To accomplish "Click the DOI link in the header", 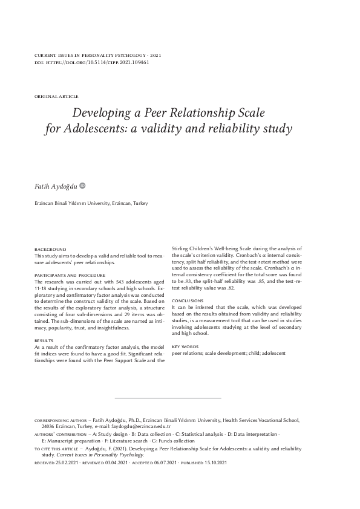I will [100, 62].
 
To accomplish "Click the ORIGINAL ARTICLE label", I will [56, 97].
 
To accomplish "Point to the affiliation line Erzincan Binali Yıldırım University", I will [91, 204].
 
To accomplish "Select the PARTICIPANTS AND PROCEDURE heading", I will [73, 275].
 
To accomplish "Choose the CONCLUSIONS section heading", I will [188, 300].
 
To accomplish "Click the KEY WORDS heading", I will [185, 346].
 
